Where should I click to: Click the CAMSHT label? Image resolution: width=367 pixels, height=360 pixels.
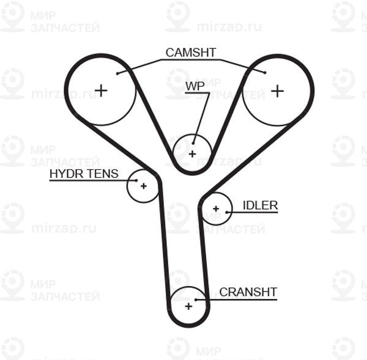[x=190, y=53]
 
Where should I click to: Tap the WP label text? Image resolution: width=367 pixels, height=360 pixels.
[x=195, y=86]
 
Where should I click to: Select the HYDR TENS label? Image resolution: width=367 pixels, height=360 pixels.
[x=84, y=174]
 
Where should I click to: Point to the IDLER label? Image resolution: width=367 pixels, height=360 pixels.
[x=261, y=205]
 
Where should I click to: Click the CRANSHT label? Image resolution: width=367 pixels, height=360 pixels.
[x=248, y=292]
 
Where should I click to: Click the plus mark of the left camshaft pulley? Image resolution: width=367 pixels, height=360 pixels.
[x=101, y=90]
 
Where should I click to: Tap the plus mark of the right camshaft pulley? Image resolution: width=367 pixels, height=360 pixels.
[x=277, y=90]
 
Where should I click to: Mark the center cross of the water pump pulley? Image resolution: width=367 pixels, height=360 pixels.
[x=193, y=154]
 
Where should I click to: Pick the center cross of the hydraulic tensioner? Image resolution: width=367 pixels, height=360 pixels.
[x=144, y=186]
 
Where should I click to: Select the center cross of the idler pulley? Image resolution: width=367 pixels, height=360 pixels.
[x=216, y=208]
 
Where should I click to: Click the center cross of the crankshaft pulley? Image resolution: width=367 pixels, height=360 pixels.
[x=188, y=306]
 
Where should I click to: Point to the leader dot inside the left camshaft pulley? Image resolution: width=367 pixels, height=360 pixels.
[x=117, y=74]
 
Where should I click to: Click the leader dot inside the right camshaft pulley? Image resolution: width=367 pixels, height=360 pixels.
[x=265, y=73]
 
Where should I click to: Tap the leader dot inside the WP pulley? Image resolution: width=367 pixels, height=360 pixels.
[x=193, y=143]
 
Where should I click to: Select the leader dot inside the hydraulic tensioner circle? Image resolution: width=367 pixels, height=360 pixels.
[x=136, y=180]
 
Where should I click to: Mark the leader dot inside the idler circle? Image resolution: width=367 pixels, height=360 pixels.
[x=226, y=213]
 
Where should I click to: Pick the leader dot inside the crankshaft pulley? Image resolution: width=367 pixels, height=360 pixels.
[x=196, y=299]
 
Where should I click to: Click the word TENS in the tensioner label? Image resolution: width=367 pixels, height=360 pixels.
[x=103, y=174]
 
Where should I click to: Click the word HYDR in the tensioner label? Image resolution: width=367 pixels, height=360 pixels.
[x=67, y=174]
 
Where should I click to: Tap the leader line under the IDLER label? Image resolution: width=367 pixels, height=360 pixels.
[x=252, y=213]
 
